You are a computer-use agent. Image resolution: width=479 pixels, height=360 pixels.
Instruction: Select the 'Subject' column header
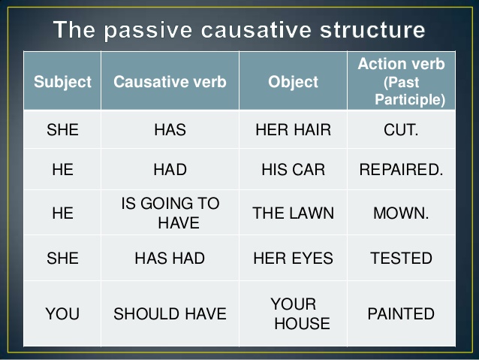tap(63, 82)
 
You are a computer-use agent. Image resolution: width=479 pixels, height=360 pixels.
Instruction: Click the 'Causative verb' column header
tap(170, 82)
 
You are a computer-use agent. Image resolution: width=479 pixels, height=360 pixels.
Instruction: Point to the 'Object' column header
tap(293, 82)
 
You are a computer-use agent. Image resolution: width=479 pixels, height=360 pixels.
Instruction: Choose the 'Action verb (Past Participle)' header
tap(401, 81)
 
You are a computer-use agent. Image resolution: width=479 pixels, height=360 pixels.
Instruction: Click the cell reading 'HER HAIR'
tap(293, 129)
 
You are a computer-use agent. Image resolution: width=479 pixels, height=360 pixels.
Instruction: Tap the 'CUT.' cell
tap(401, 129)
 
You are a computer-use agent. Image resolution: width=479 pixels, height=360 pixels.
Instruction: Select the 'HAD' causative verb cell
tap(170, 170)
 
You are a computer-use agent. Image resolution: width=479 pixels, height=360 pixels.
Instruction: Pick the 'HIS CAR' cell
tap(293, 170)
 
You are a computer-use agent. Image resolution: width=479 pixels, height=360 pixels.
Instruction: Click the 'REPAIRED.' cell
tap(401, 170)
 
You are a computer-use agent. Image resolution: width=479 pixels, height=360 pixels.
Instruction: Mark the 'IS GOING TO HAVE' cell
tap(170, 213)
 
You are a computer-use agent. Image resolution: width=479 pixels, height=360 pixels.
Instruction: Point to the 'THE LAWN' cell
tap(293, 213)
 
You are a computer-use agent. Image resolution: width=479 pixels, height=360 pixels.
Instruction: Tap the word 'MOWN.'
tap(401, 213)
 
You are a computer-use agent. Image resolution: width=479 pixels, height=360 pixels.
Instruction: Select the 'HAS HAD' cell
tap(170, 259)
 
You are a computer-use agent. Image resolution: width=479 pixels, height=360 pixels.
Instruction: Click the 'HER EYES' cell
tap(293, 259)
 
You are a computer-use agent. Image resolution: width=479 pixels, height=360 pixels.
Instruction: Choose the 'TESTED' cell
tap(401, 259)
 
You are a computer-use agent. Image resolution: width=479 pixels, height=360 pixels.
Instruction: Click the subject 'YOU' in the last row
tap(63, 314)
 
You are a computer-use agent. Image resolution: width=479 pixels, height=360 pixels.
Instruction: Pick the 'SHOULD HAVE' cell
tap(170, 314)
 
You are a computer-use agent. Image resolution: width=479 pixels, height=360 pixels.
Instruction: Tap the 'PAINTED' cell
tap(401, 314)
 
